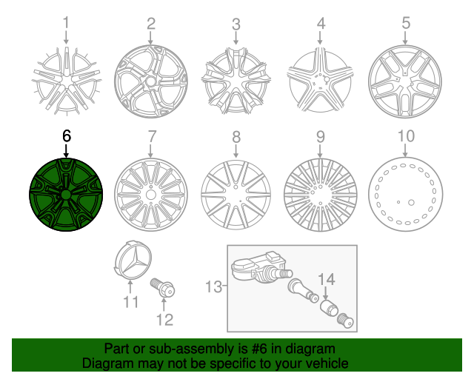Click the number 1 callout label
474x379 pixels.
click(66, 24)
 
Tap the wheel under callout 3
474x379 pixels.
click(236, 79)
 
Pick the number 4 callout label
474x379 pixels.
click(321, 24)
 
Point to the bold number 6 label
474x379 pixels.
click(66, 136)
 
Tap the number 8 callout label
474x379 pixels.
click(236, 136)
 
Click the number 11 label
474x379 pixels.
click(131, 302)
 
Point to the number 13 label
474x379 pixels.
click(213, 286)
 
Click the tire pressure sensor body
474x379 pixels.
click(255, 272)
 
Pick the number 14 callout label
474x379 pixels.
click(327, 279)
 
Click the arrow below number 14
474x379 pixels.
click(327, 293)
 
